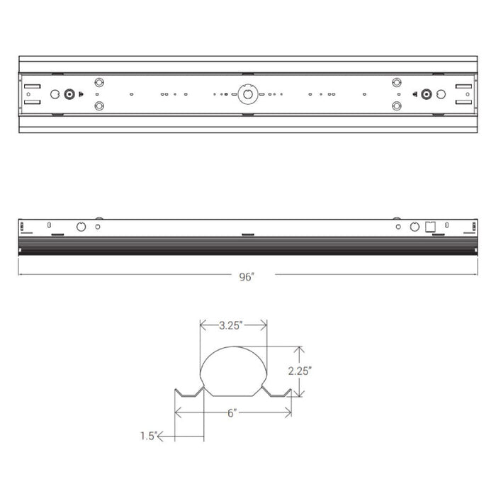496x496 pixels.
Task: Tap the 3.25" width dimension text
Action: pyautogui.click(x=232, y=326)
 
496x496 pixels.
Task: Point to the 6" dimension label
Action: pyautogui.click(x=232, y=412)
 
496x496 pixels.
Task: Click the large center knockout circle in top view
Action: pyautogui.click(x=248, y=94)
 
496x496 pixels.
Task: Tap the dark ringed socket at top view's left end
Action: pyautogui.click(x=69, y=94)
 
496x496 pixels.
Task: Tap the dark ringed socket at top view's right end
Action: pyautogui.click(x=427, y=94)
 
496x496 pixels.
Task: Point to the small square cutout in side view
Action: pyautogui.click(x=429, y=227)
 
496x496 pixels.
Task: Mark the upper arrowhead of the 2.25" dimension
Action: pyautogui.click(x=300, y=349)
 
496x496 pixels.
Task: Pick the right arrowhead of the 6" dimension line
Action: pyautogui.click(x=288, y=412)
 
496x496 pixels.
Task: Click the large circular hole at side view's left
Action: pyautogui.click(x=81, y=227)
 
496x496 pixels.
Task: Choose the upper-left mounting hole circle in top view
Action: pyautogui.click(x=99, y=82)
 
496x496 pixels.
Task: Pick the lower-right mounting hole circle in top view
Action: pyautogui.click(x=396, y=106)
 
